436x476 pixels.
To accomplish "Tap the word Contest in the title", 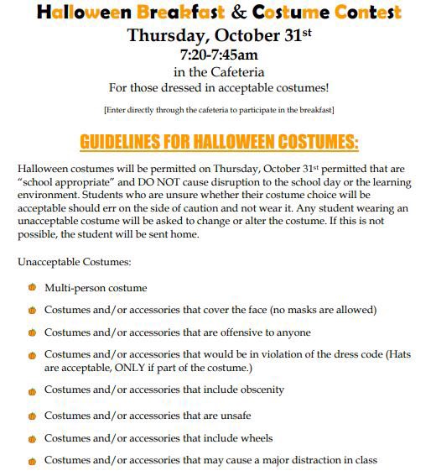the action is point(363,13).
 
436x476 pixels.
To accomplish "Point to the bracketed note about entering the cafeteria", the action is point(218,110).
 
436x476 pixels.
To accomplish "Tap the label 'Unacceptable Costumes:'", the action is point(74,263).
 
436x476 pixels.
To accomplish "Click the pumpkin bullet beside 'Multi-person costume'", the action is point(32,287).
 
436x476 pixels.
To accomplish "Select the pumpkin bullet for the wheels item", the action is point(32,437).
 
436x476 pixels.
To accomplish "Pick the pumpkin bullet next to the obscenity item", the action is point(32,390).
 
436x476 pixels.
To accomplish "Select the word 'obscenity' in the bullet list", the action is point(259,390).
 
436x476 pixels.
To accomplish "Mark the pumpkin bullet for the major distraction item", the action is point(32,460).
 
